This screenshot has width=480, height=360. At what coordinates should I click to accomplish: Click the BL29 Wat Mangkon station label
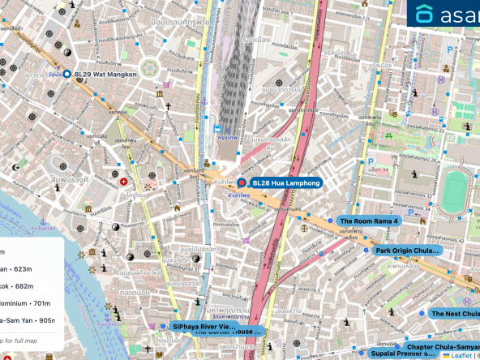105,75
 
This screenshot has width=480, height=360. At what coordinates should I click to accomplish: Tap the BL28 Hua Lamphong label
286,183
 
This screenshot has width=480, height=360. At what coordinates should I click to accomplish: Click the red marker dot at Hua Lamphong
241,183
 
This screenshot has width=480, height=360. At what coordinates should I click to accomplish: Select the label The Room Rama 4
369,221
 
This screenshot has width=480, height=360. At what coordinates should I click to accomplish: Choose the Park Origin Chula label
407,251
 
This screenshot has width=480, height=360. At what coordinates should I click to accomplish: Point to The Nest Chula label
454,313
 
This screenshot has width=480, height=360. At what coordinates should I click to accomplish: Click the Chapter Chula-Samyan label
442,346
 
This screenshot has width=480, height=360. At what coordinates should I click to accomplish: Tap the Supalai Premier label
404,354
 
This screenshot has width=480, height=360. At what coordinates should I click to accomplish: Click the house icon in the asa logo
425,15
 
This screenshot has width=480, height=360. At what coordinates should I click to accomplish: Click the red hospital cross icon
124,182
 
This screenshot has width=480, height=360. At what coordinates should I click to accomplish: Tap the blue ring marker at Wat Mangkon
66,75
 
